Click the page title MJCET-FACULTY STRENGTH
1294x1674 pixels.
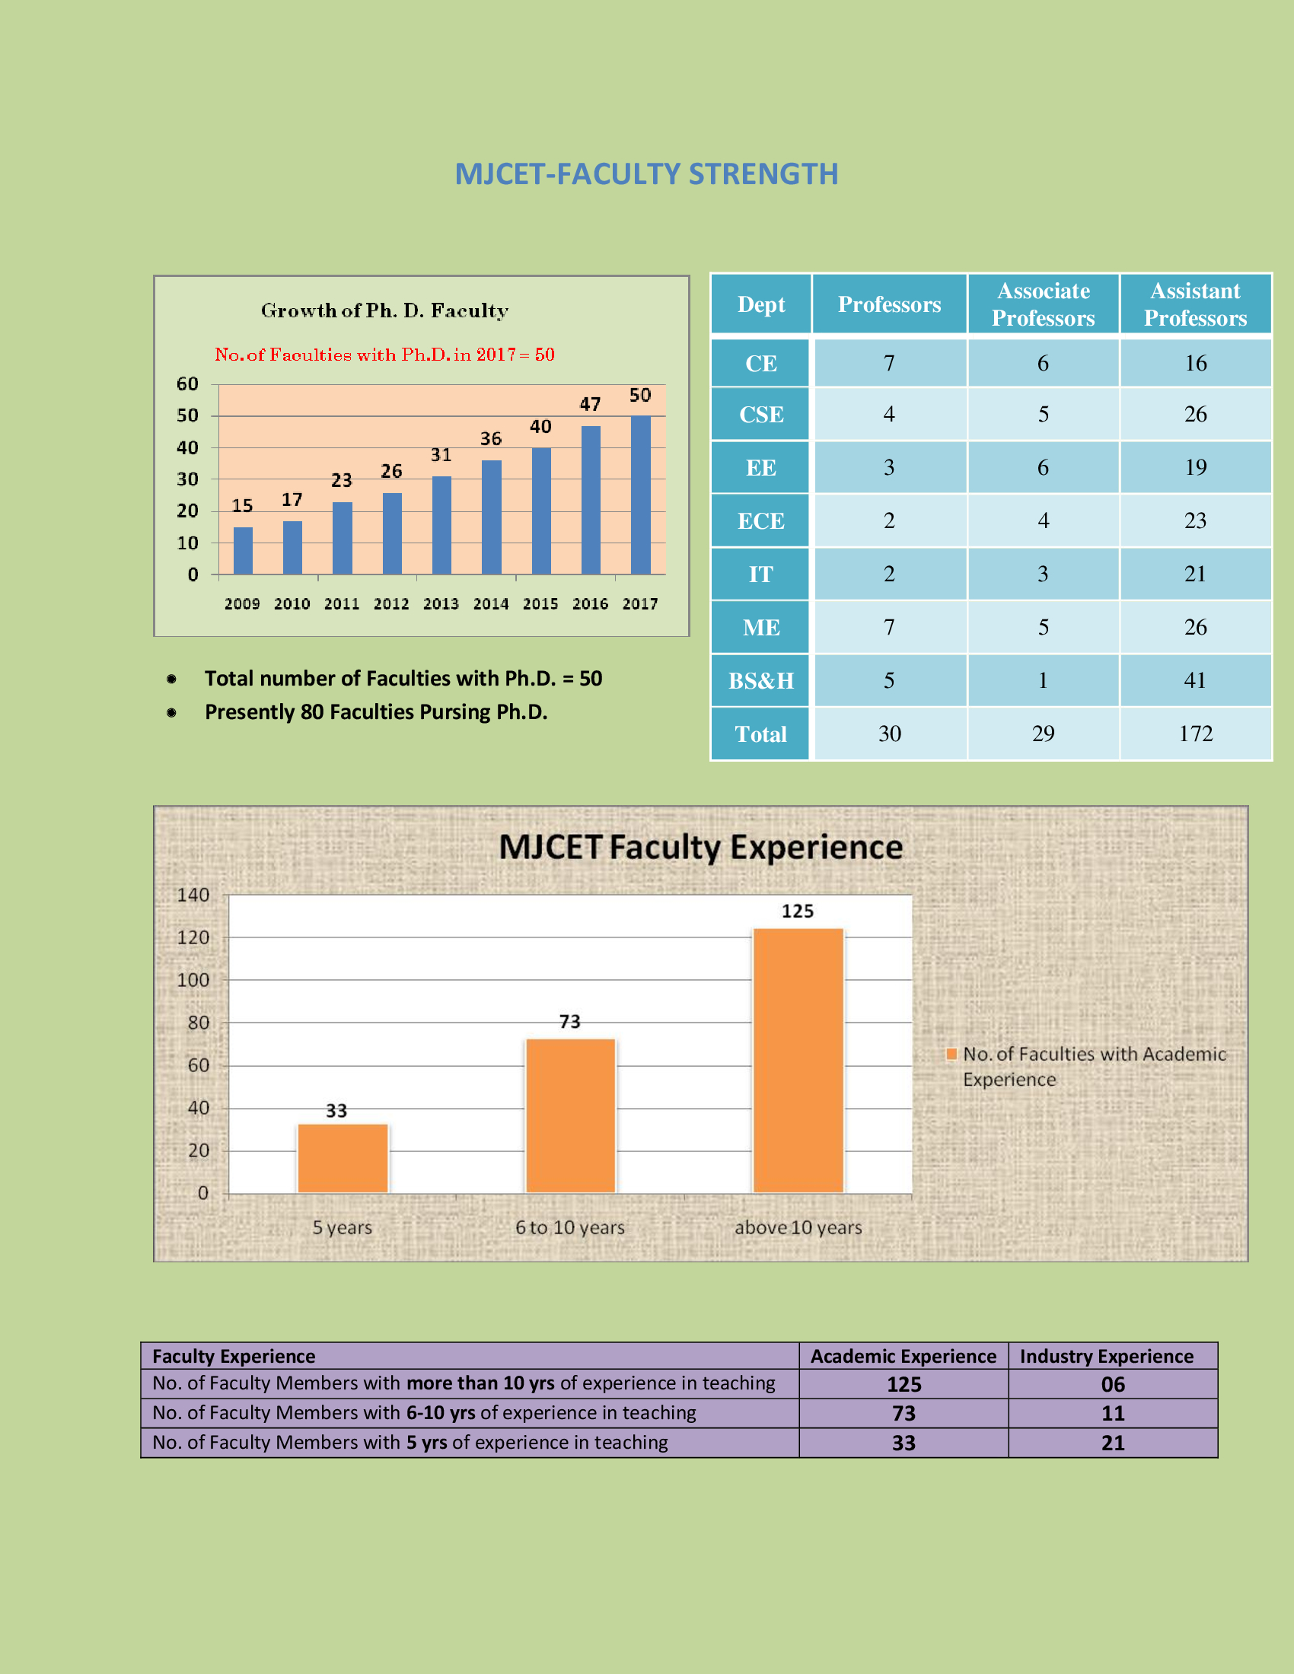point(646,174)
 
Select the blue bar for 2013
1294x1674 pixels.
point(441,525)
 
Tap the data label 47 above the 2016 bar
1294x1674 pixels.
point(589,404)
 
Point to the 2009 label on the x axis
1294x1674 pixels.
point(242,604)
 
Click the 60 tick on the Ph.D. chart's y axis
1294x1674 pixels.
point(187,384)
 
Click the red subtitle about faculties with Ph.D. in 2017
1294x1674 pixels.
point(384,355)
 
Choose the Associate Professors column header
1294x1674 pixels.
point(1043,304)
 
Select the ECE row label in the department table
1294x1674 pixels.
point(760,521)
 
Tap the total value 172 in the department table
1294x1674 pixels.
point(1195,734)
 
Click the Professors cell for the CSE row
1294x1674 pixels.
point(888,415)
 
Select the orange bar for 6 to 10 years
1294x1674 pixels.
point(570,1115)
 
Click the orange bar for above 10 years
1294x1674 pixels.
point(798,1060)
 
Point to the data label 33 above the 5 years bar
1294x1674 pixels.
point(336,1111)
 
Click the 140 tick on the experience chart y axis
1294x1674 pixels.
point(193,896)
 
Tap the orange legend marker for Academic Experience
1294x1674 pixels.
point(951,1054)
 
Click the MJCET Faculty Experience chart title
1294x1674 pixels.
point(700,848)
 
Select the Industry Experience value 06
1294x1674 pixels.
point(1112,1384)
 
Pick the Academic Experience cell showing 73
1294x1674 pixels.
point(903,1414)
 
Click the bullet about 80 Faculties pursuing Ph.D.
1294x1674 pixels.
point(375,712)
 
